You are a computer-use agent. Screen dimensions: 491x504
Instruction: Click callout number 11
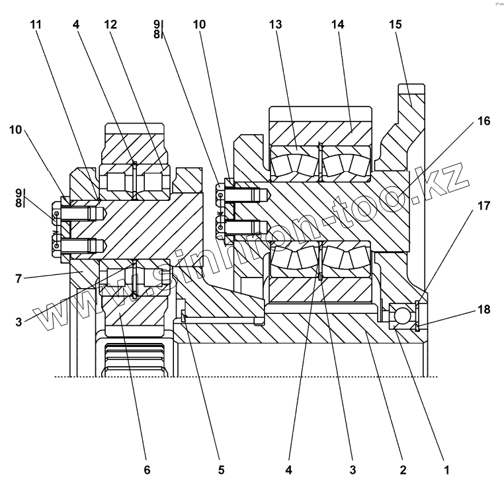tap(36, 25)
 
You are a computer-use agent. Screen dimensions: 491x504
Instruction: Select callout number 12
tap(110, 25)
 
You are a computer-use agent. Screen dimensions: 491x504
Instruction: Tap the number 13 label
tap(276, 25)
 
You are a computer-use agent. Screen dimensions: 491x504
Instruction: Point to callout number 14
tap(338, 25)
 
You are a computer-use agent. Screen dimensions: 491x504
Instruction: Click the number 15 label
tap(396, 25)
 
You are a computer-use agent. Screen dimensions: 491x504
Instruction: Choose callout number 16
tap(483, 121)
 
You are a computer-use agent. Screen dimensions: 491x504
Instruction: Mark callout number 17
tap(483, 206)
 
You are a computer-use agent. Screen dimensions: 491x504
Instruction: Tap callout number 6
tap(147, 470)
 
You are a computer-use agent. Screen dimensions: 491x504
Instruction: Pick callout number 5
tap(222, 470)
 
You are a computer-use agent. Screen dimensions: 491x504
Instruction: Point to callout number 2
tap(402, 470)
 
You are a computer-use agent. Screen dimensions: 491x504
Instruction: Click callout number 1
tap(446, 470)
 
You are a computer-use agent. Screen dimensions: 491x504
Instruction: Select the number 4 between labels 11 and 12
tap(77, 25)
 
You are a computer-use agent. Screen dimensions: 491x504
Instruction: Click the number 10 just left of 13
tap(199, 25)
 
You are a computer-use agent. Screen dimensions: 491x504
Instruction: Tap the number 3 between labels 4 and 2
tap(352, 470)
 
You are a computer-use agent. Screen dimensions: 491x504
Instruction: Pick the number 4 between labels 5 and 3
tap(288, 470)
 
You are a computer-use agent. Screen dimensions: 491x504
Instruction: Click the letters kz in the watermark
tap(450, 180)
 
